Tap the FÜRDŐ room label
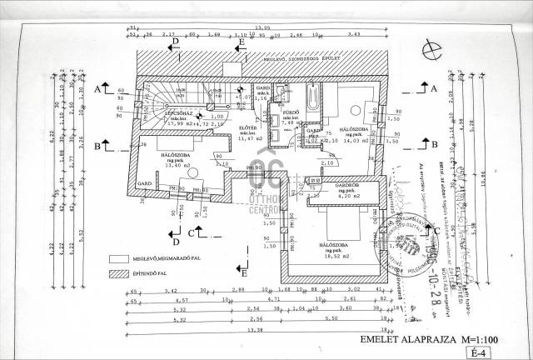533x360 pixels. [291, 112]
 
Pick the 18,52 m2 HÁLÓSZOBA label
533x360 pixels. [337, 246]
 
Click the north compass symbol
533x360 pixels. [428, 49]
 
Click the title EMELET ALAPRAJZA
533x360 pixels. [399, 340]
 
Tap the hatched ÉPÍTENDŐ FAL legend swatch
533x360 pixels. [120, 273]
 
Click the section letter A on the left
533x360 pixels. [97, 87]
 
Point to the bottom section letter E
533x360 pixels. [242, 272]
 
